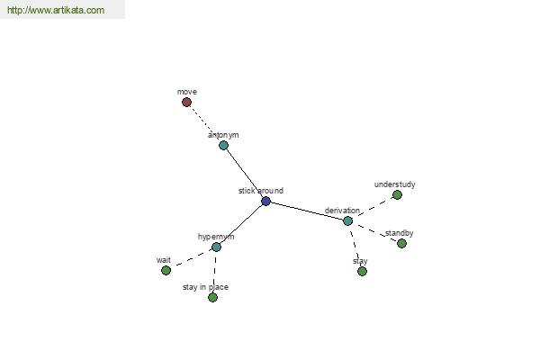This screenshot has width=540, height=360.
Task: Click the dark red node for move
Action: (186, 103)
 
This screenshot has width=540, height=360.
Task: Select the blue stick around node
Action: (265, 202)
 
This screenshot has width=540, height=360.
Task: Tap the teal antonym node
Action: (223, 146)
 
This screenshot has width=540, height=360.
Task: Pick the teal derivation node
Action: (347, 220)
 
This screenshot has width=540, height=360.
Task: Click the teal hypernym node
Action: (216, 247)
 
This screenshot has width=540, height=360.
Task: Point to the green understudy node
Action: (397, 195)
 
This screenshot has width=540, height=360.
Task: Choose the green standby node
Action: (401, 244)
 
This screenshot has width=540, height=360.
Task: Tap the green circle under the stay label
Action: (362, 272)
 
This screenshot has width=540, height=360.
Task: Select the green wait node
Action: (166, 270)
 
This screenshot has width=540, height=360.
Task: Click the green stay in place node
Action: (212, 297)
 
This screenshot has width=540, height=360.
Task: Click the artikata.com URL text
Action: (56, 10)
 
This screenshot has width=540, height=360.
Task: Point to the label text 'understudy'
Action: (395, 184)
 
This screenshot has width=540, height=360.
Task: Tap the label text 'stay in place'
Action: (205, 287)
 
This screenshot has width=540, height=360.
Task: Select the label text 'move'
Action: (187, 92)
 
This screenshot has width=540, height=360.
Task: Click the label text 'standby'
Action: (399, 233)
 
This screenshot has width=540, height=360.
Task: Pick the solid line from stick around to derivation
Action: (307, 211)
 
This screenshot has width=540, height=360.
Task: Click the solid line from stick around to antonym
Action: (245, 174)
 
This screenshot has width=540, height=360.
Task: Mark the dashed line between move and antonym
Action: (205, 123)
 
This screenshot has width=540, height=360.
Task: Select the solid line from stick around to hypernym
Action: (241, 224)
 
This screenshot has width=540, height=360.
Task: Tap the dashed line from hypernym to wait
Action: (191, 258)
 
